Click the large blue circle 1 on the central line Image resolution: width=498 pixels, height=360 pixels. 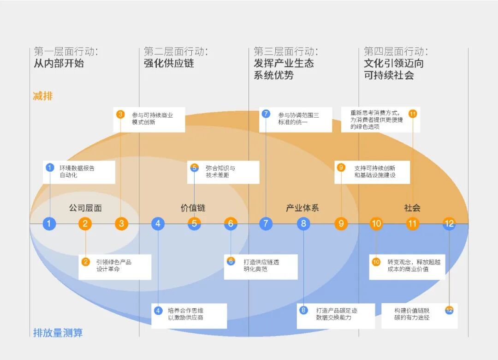[x=49, y=223]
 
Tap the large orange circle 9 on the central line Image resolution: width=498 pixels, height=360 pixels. [x=341, y=223]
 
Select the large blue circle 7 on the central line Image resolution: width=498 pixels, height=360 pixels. [x=266, y=223]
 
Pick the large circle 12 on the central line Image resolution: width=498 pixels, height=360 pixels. [x=449, y=223]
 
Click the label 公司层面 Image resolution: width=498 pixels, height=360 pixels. [x=85, y=208]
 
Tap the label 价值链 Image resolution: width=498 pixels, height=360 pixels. [x=193, y=208]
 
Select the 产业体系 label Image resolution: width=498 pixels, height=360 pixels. [x=302, y=208]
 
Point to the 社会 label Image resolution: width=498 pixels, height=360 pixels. [x=412, y=208]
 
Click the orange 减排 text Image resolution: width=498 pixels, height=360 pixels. [x=43, y=96]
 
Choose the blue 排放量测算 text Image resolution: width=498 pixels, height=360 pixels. [x=58, y=333]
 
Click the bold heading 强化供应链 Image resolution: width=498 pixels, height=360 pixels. [x=169, y=63]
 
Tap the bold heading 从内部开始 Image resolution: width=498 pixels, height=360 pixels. [x=59, y=63]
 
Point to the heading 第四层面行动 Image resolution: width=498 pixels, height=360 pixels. [x=396, y=51]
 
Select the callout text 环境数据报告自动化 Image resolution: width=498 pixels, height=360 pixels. [x=77, y=171]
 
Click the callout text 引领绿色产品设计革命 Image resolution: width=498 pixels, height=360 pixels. [x=114, y=265]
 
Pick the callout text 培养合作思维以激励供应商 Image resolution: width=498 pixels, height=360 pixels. [x=186, y=314]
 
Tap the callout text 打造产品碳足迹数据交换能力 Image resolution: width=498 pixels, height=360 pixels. [x=337, y=314]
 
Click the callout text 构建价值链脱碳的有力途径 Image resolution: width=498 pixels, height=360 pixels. [x=412, y=314]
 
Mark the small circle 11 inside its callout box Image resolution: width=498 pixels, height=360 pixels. [x=413, y=114]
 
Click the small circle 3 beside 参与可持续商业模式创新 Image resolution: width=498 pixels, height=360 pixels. [x=120, y=114]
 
